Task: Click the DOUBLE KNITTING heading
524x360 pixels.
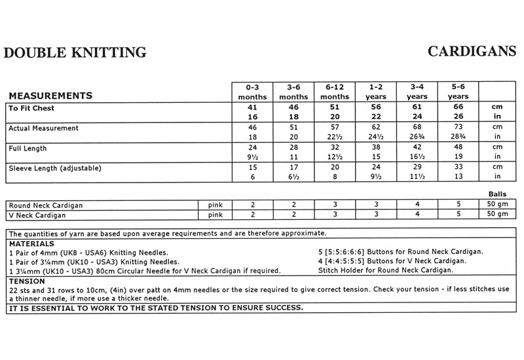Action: pyautogui.click(x=75, y=53)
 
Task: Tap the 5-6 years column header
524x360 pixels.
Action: pyautogui.click(x=458, y=92)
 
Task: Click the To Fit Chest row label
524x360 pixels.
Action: pyautogui.click(x=31, y=107)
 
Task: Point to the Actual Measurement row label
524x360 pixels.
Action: pyautogui.click(x=43, y=128)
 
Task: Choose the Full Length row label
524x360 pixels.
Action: pyautogui.click(x=26, y=148)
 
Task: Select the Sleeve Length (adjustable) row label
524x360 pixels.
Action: pyautogui.click(x=55, y=168)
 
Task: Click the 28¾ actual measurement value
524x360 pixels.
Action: pyautogui.click(x=458, y=137)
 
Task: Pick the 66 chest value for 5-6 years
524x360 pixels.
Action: pyautogui.click(x=458, y=107)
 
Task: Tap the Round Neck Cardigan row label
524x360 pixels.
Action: pyautogui.click(x=46, y=205)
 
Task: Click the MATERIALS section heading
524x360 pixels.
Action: pyautogui.click(x=31, y=243)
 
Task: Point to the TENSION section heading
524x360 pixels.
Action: pyautogui.click(x=27, y=280)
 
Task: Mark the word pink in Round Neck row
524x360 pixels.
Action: pyautogui.click(x=215, y=205)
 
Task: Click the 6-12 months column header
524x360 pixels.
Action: pyautogui.click(x=335, y=92)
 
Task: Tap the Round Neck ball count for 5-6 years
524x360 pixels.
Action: pyautogui.click(x=458, y=205)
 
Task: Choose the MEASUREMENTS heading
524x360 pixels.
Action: pyautogui.click(x=50, y=96)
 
